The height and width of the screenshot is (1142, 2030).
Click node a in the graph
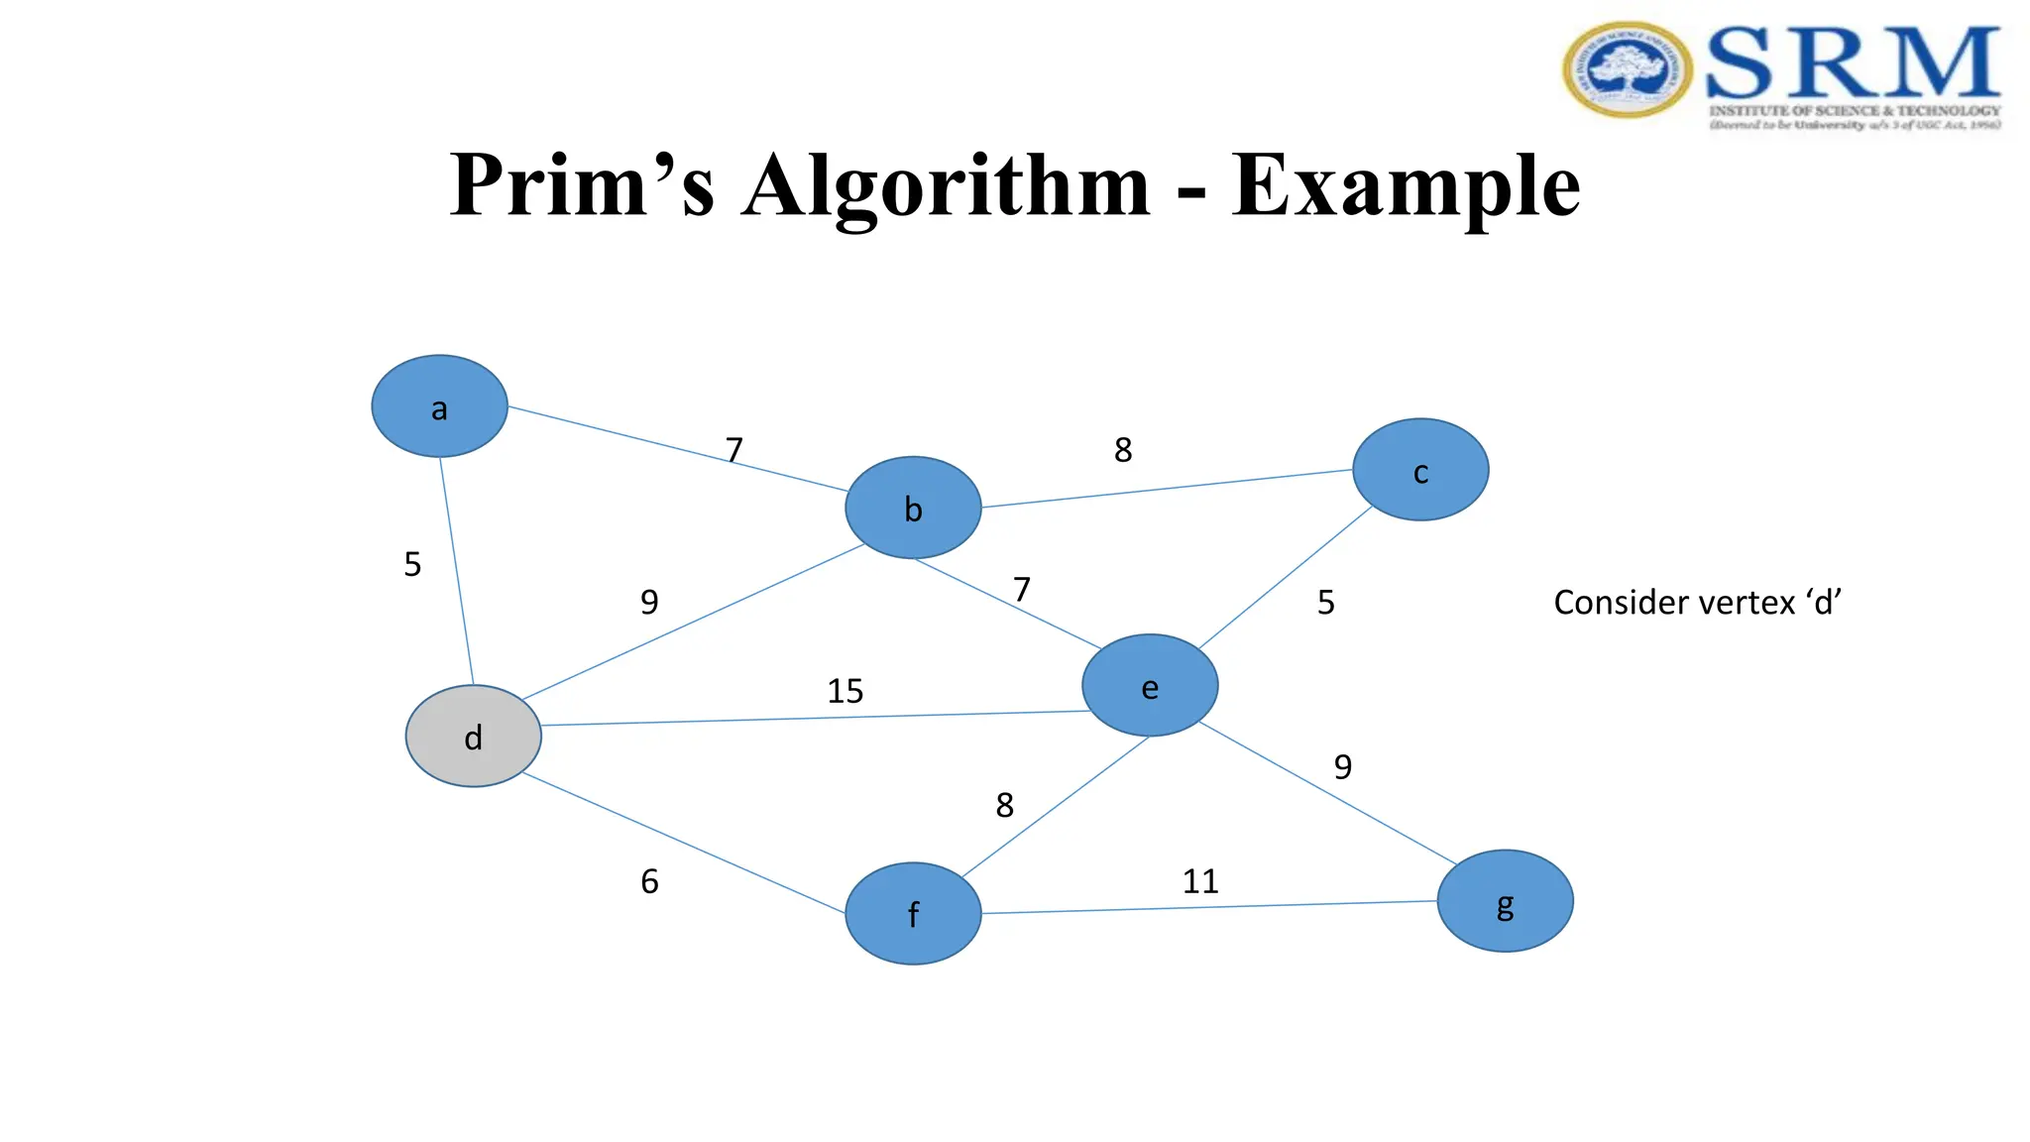coord(439,406)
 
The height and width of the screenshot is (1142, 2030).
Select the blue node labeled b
coord(913,508)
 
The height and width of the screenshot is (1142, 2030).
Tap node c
coord(1420,470)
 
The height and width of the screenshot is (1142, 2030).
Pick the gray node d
coord(474,737)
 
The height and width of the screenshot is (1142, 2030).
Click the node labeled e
coord(1150,686)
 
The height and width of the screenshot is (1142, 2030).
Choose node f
coord(913,913)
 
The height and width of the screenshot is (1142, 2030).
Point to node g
coord(1505,901)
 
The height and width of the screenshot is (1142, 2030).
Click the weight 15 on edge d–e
coord(846,691)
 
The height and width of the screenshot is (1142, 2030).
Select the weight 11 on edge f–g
coord(1200,881)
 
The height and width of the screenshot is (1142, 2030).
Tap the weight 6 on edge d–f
coord(649,881)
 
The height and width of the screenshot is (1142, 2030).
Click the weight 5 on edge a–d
coord(412,564)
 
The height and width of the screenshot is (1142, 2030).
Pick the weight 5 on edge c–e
coord(1325,603)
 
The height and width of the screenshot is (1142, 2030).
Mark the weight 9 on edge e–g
coord(1342,766)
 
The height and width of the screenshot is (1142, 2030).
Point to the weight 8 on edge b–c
coord(1122,450)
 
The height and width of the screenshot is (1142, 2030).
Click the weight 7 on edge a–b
coord(733,450)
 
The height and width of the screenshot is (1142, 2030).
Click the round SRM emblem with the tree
coord(1628,70)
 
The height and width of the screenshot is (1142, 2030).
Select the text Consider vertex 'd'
coord(1697,603)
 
